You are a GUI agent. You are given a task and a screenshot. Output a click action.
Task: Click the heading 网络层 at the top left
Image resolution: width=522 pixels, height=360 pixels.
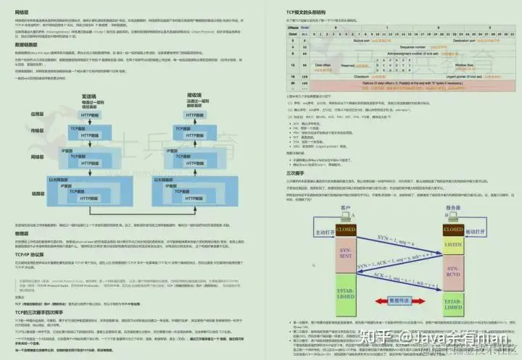pos(22,12)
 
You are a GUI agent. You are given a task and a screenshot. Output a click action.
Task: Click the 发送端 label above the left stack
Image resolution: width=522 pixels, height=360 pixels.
pos(89,95)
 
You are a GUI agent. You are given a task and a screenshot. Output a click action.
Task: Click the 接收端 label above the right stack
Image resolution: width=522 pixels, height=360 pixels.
pos(194,95)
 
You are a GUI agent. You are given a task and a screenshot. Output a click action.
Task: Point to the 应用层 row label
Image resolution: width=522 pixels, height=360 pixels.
pos(37,114)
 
